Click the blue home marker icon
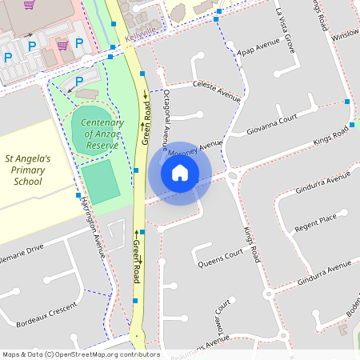click(x=180, y=173)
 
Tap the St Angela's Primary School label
click(x=27, y=170)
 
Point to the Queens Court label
click(x=220, y=258)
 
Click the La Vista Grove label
click(x=285, y=31)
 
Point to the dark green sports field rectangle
click(x=101, y=182)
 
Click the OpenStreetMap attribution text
click(x=80, y=354)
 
